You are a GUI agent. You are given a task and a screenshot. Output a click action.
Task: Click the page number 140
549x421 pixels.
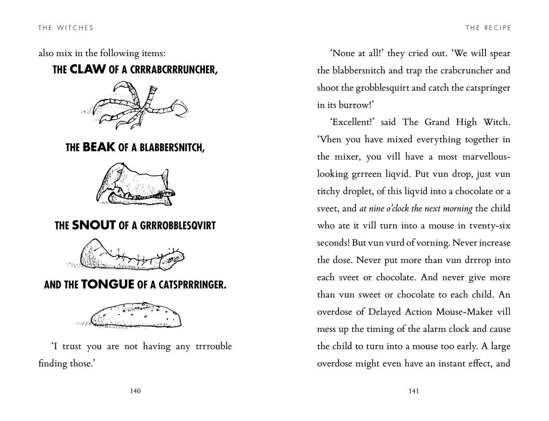[135, 391]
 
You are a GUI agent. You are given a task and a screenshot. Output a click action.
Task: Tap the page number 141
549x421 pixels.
[414, 391]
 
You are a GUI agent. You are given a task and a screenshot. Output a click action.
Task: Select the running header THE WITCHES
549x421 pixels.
[66, 28]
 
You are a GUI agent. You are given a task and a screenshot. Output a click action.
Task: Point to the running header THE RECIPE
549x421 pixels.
[488, 28]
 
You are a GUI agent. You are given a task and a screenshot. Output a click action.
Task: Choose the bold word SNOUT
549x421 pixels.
[93, 225]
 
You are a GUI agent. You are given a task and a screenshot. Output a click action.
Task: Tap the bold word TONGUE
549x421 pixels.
[108, 285]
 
